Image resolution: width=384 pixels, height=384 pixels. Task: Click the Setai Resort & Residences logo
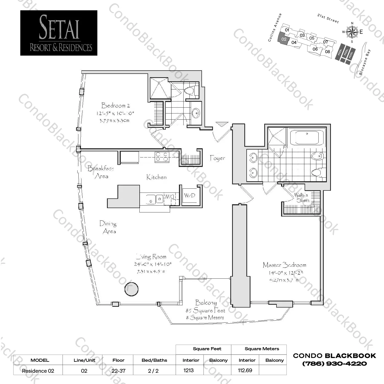tap(59, 33)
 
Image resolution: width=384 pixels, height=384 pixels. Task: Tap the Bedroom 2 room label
tap(115, 105)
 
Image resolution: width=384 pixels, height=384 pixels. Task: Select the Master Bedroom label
tap(284, 265)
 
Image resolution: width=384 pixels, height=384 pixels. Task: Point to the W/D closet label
tap(190, 196)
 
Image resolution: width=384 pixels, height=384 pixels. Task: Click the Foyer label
tap(217, 158)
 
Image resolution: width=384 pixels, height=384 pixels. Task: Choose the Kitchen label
tap(156, 177)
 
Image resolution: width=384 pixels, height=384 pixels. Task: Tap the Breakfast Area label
tap(101, 172)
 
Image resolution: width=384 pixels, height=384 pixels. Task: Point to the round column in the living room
tap(131, 289)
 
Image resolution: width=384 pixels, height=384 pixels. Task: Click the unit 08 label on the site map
tap(327, 52)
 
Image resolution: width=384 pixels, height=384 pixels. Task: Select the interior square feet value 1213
tap(189, 370)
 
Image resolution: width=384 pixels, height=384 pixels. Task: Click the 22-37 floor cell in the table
tap(118, 371)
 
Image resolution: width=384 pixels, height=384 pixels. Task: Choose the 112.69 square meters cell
tap(245, 370)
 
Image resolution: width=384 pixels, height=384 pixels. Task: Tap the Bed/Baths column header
tap(154, 360)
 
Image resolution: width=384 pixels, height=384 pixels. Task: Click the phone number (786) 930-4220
tap(334, 364)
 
